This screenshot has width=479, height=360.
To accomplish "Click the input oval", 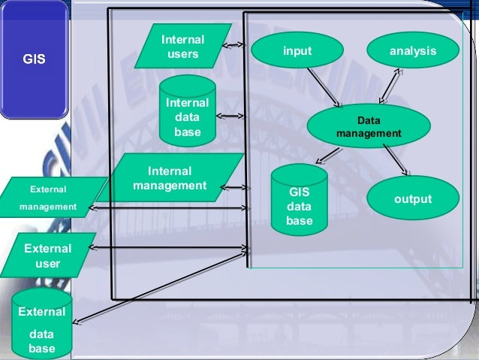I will click(297, 51).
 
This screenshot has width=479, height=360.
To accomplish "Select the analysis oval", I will click(412, 51).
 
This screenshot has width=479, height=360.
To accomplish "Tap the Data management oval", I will click(369, 127).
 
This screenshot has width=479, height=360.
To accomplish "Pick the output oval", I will click(412, 199).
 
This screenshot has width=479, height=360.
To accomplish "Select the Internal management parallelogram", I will click(170, 179).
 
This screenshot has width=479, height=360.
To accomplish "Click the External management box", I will click(48, 197).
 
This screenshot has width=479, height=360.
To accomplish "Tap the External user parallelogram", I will click(48, 256).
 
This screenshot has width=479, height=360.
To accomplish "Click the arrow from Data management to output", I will click(395, 160).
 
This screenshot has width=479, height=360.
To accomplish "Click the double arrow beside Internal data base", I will click(230, 116).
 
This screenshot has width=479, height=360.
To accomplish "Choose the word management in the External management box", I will click(48, 206).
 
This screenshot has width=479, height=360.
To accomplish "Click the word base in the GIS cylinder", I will click(299, 221).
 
